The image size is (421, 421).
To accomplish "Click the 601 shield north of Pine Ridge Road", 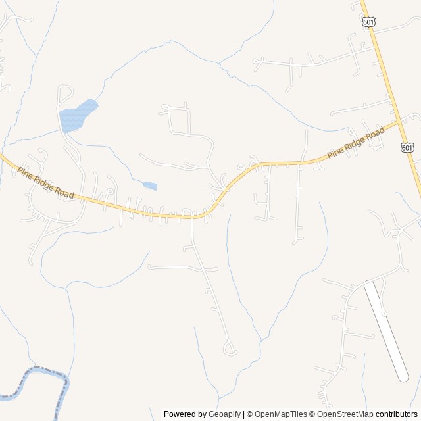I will [368, 22].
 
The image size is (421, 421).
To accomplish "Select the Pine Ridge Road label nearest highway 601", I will [356, 142].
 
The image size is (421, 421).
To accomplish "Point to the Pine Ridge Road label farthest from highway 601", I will [45, 183].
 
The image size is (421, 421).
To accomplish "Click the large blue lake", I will [76, 116].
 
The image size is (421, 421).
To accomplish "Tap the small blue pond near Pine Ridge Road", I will [150, 186].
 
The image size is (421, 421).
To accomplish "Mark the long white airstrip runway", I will [386, 330].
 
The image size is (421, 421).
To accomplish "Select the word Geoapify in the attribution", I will [224, 414].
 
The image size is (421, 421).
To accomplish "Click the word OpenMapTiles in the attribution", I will [280, 414].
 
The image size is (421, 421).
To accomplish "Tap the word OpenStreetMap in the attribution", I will [345, 414].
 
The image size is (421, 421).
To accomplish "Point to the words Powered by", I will [185, 414].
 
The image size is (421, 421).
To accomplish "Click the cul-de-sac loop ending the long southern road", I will [230, 349].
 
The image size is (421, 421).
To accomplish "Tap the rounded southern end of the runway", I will [403, 377].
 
